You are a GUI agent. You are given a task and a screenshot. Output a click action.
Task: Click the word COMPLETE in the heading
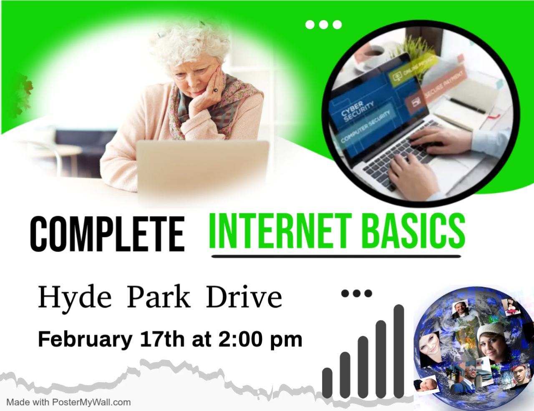107,234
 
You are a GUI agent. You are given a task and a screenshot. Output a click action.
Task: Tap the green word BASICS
413,231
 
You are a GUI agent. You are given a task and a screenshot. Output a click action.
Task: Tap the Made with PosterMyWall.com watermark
68,402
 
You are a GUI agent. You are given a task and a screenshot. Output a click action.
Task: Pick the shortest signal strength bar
327,383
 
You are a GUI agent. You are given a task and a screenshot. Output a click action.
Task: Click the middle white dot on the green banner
323,25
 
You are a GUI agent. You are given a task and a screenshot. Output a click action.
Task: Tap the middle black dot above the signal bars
357,293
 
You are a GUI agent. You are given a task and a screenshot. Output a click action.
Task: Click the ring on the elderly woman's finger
215,91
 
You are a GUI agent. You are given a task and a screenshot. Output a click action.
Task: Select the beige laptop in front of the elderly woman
203,172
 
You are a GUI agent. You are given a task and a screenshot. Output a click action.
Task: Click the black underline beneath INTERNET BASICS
336,257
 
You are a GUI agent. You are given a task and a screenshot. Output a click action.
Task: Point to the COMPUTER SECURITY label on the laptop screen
365,127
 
